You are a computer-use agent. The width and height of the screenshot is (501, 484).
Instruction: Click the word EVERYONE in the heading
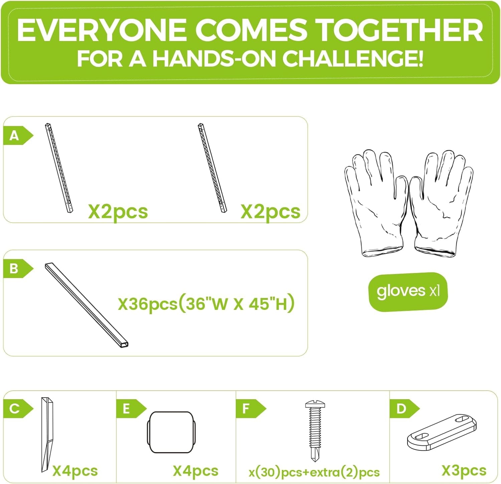click(102, 30)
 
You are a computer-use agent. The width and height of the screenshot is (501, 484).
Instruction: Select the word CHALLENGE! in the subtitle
click(353, 58)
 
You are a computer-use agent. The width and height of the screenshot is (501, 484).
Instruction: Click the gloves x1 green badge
click(408, 292)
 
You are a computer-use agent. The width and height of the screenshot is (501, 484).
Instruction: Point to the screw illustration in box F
click(315, 431)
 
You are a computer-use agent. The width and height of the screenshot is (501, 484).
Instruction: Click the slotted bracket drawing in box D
click(442, 432)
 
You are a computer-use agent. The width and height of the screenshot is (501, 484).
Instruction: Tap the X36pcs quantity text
click(148, 304)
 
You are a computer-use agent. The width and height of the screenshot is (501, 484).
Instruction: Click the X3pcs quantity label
click(464, 471)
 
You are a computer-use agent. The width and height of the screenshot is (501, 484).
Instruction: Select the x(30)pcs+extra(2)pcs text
click(314, 472)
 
